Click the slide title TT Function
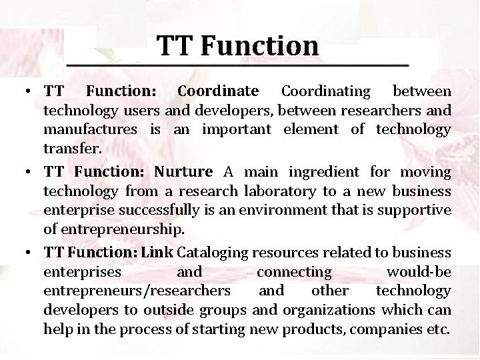click(238, 45)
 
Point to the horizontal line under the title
click(238, 65)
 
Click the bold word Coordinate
click(217, 91)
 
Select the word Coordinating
click(325, 91)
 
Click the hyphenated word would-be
click(418, 272)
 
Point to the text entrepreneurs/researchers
click(137, 291)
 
